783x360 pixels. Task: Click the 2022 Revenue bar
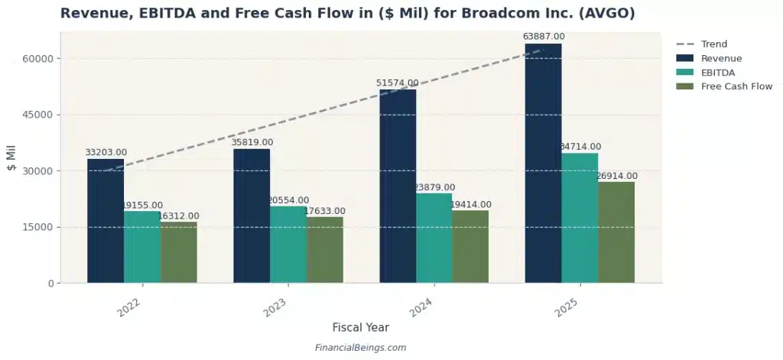106,221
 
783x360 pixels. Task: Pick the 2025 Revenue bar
543,164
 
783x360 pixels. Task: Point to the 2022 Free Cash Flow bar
179,252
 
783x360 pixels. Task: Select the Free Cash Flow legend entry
736,86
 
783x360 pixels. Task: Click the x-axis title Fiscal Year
360,327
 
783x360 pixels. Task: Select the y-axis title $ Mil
11,158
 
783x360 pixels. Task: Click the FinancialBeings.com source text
360,348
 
